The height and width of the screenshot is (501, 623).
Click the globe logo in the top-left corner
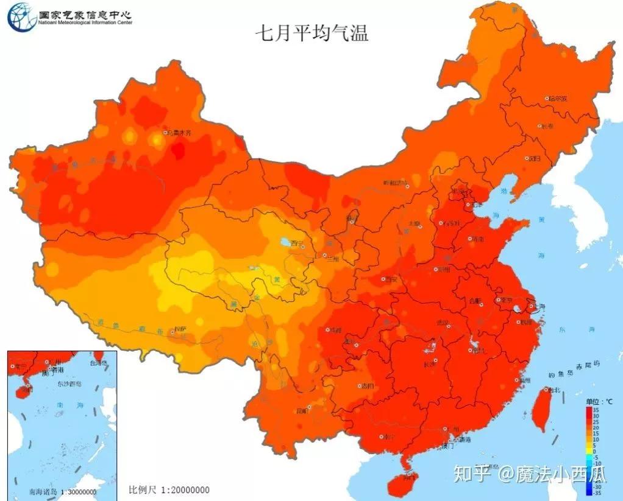point(21,16)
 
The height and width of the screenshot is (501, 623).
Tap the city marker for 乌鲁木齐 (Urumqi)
point(165,132)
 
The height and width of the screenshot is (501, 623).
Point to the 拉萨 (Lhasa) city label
point(179,329)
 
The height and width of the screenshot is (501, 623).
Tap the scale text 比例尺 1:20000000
point(169,489)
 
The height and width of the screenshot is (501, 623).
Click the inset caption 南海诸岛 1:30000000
point(54,491)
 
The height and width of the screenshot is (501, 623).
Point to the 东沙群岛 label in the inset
point(71,384)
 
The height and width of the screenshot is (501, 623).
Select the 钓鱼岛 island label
point(560,374)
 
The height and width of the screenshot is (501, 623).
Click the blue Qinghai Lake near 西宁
point(284,242)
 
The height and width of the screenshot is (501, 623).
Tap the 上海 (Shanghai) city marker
point(530,307)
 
